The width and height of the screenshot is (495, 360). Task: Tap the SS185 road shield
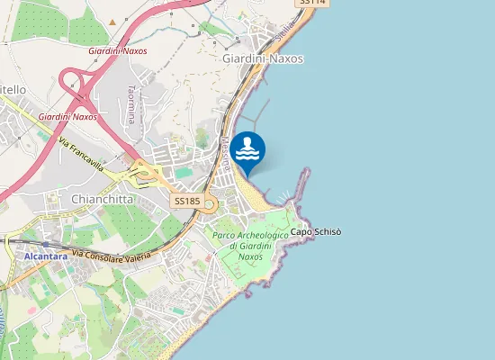[187, 202]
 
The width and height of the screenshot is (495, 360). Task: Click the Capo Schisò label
[315, 231]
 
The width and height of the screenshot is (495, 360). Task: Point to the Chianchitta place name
[103, 198]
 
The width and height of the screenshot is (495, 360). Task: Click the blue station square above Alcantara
[44, 244]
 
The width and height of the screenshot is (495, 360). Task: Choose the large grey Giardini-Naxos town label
[262, 58]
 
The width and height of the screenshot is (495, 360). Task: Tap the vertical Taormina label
[131, 103]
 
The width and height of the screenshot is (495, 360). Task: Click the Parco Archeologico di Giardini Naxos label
[251, 245]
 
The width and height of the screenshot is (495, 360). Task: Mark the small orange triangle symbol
[112, 22]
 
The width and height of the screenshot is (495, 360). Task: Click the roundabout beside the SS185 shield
[211, 202]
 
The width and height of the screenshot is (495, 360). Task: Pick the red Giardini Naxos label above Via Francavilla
[67, 117]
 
